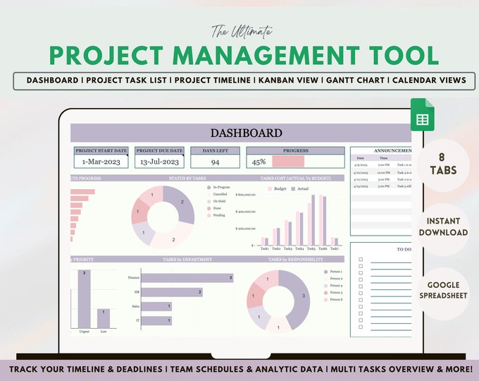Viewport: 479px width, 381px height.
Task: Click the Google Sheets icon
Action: pyautogui.click(x=423, y=119)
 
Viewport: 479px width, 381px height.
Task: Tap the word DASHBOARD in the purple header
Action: pyautogui.click(x=236, y=133)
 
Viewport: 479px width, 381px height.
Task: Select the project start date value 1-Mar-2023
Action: pyautogui.click(x=101, y=162)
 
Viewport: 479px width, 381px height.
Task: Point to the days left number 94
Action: pyautogui.click(x=215, y=162)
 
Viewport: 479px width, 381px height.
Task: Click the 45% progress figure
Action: pyautogui.click(x=257, y=162)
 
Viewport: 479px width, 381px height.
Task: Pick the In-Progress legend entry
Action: pyautogui.click(x=220, y=189)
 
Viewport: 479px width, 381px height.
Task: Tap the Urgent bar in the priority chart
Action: pyautogui.click(x=84, y=299)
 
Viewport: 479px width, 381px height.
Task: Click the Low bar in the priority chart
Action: pyautogui.click(x=103, y=318)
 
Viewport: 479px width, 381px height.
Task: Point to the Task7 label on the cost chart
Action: pyautogui.click(x=335, y=249)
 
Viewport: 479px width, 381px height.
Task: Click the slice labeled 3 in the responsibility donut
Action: pyautogui.click(x=303, y=296)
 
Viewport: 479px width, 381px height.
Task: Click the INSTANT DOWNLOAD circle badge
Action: pyautogui.click(x=443, y=227)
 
